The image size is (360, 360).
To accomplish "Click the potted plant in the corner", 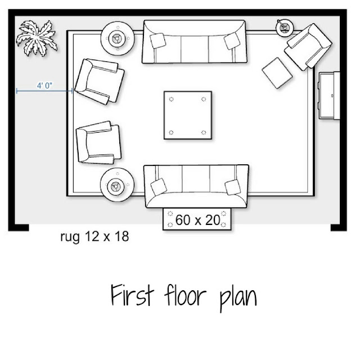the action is coord(37,38).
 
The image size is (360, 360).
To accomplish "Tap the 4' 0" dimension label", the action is coord(44,85).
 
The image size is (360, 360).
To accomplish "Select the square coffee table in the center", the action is coord(188,115).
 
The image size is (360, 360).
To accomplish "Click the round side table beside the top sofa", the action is coord(118,39).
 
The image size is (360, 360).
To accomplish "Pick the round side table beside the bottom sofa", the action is coord(117,185).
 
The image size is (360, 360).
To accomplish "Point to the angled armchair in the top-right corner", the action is coord(308,47).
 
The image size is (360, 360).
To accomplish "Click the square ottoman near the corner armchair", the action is coord(277,73).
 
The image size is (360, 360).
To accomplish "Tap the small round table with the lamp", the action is coord(285,28).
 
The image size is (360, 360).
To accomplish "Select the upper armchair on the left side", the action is coord(100,82).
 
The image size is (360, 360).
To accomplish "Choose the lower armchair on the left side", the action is coord(99,143).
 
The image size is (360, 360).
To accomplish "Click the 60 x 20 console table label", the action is coord(197,220).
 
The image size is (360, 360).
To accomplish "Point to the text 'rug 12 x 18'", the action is coord(94,236).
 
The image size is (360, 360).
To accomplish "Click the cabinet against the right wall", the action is coord(329,96).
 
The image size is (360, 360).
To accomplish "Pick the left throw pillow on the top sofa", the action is coord(157,40).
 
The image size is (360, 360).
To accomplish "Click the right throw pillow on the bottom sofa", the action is coord(233,187).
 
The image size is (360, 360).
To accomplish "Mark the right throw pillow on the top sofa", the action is coord(232,41).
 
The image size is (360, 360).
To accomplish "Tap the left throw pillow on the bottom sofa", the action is coord(159,187).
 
